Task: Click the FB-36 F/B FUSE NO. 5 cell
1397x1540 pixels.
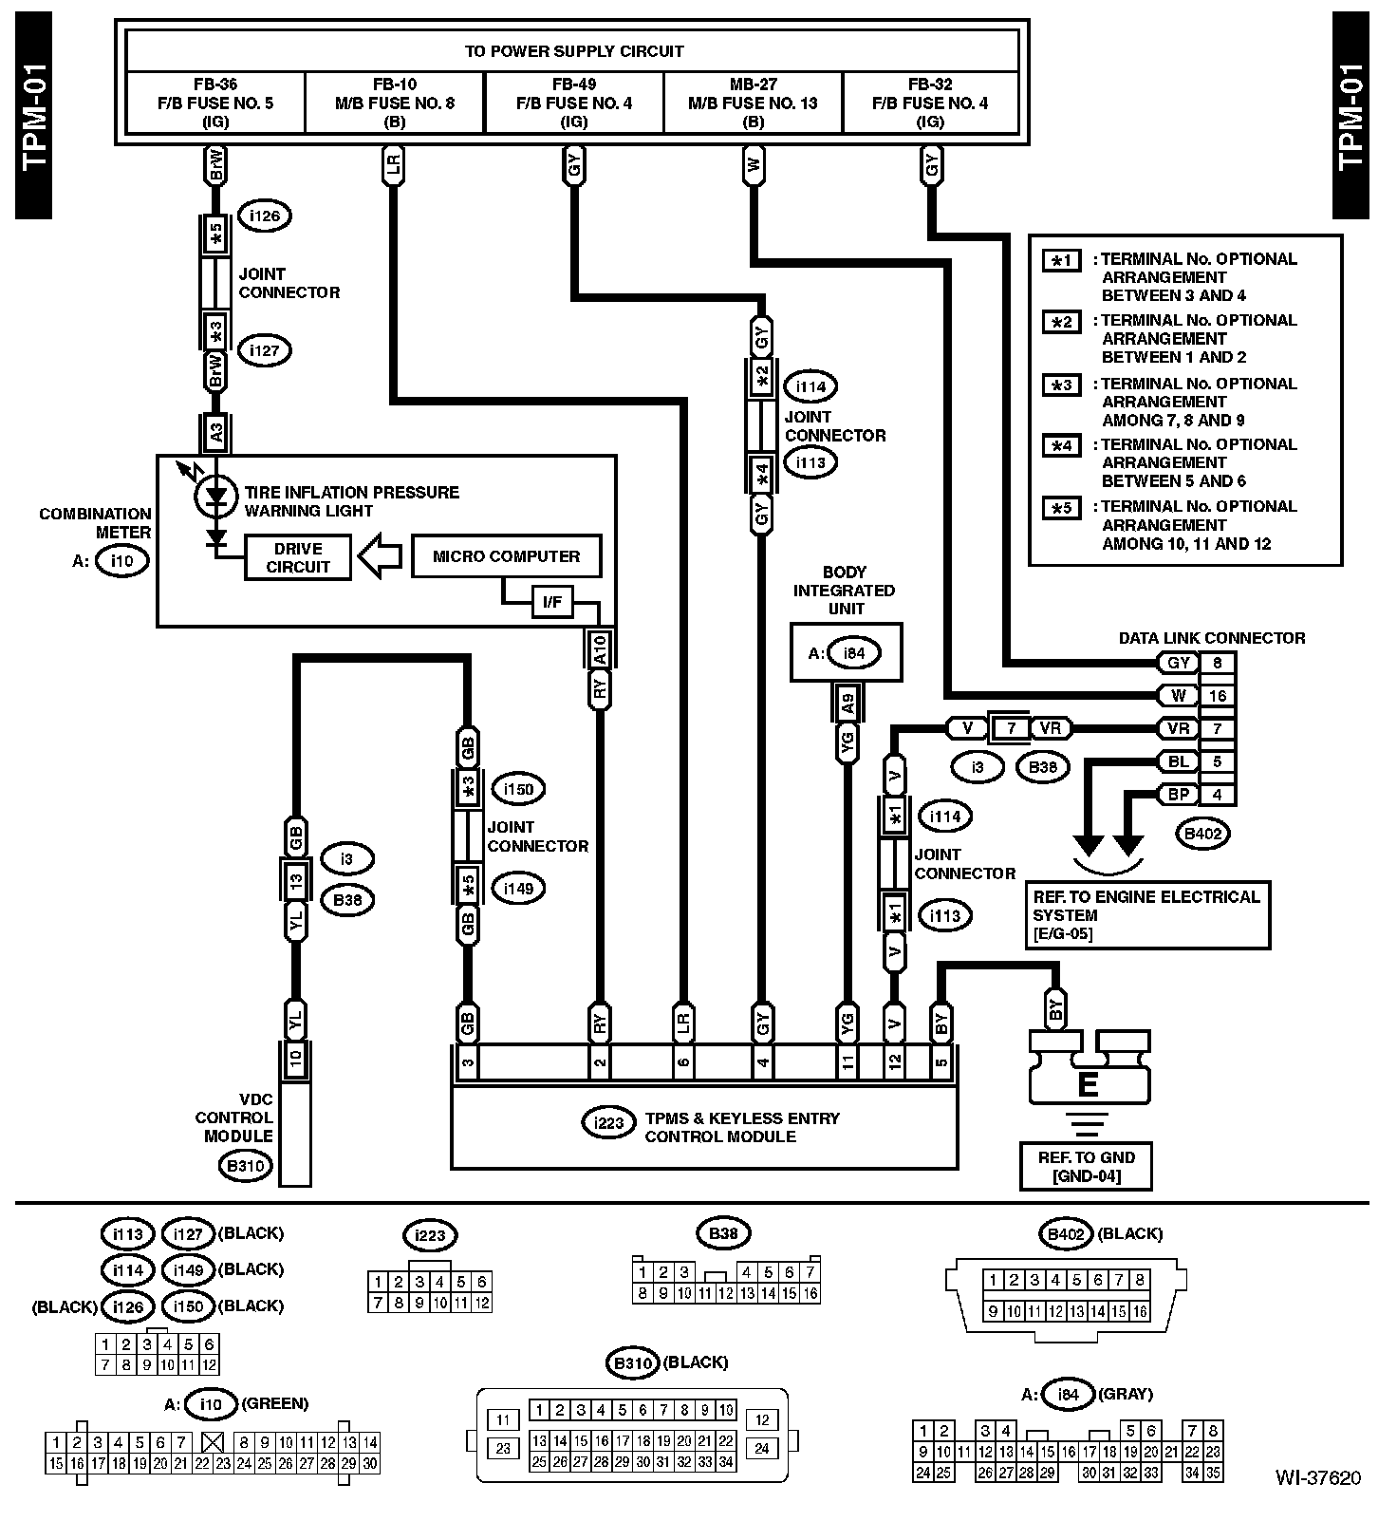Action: (x=215, y=103)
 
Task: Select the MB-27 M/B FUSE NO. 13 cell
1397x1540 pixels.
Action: (x=753, y=103)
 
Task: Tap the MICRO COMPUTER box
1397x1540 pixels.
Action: (x=506, y=556)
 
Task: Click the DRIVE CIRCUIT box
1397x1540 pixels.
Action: (x=298, y=557)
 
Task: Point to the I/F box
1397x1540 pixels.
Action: (x=551, y=602)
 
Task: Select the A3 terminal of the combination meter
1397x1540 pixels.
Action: (x=216, y=434)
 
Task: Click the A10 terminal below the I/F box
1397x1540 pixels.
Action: (x=599, y=649)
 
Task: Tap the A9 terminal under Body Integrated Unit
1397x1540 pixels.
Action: (x=848, y=703)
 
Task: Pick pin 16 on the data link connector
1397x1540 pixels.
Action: (x=1218, y=696)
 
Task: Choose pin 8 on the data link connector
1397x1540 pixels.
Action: (x=1218, y=664)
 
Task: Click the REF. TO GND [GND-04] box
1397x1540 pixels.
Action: (x=1086, y=1166)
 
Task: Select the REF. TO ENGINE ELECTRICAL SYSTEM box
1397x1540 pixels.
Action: (x=1146, y=914)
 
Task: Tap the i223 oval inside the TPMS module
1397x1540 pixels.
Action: (x=608, y=1124)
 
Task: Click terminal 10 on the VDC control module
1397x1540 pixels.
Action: (x=296, y=1060)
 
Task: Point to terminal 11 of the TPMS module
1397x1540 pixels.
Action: (x=847, y=1061)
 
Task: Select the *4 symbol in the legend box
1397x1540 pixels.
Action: (x=1061, y=444)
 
